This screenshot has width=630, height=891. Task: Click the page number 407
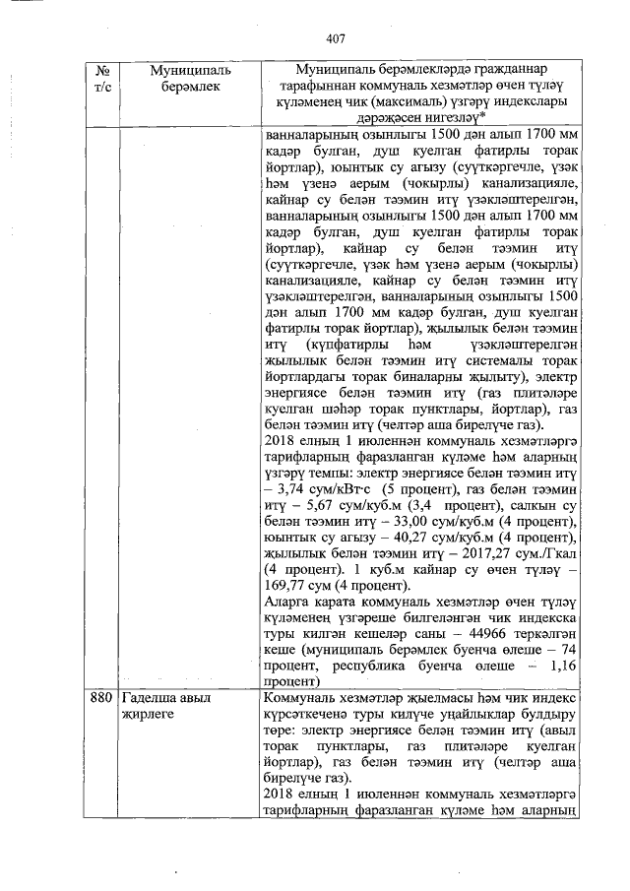coord(337,38)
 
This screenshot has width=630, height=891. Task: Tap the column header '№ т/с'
coord(100,79)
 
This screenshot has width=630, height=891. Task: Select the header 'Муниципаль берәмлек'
coord(186,79)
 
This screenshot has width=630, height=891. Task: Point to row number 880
coord(100,697)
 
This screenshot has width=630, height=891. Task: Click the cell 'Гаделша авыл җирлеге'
coord(167,705)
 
